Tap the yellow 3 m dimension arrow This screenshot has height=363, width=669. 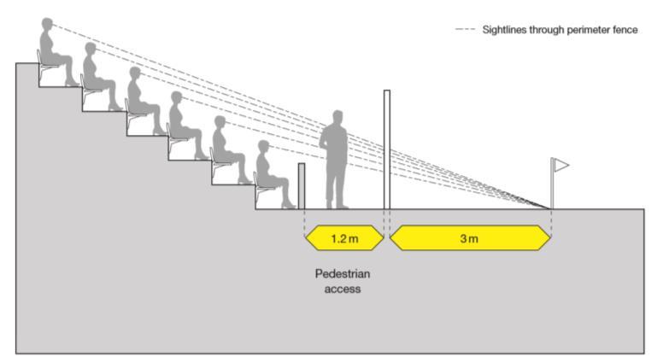(x=469, y=238)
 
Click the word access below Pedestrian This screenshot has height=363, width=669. (x=342, y=289)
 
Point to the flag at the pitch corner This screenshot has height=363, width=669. (x=560, y=164)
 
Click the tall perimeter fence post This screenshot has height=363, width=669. (x=387, y=149)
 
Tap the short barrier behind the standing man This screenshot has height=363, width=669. (x=302, y=185)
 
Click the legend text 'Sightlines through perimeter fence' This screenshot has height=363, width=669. (x=560, y=30)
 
